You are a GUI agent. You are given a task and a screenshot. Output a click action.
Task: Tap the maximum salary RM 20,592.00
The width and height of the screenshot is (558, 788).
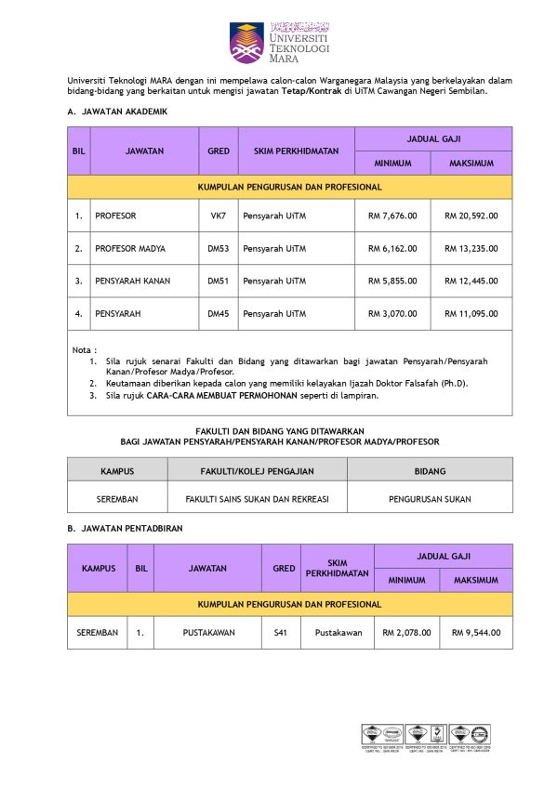(x=472, y=216)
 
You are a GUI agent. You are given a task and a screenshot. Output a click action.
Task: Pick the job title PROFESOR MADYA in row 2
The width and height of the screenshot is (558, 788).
(x=130, y=248)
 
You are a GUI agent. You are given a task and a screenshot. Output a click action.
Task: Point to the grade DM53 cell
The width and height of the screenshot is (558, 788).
(x=219, y=248)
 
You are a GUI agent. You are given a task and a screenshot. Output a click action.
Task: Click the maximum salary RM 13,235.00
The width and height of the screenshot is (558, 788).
(x=472, y=248)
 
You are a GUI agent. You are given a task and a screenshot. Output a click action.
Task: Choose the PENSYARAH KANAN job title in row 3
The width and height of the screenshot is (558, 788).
(x=132, y=281)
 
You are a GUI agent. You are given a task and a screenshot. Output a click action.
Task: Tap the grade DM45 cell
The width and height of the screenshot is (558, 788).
(x=219, y=314)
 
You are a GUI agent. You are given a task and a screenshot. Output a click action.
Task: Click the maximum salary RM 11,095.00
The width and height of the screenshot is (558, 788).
(x=472, y=314)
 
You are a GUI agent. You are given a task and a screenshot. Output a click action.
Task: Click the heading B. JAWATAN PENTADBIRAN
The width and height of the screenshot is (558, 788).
(x=125, y=528)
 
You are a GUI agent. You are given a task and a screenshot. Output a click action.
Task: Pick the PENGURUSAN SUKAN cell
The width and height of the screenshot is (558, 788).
(x=430, y=498)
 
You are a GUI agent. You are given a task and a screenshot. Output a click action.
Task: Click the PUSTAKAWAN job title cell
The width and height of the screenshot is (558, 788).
(x=208, y=633)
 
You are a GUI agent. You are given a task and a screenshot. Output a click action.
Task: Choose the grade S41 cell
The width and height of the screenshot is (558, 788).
(x=280, y=633)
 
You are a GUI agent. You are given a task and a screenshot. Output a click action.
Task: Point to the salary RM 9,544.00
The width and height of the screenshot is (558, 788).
(x=476, y=633)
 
